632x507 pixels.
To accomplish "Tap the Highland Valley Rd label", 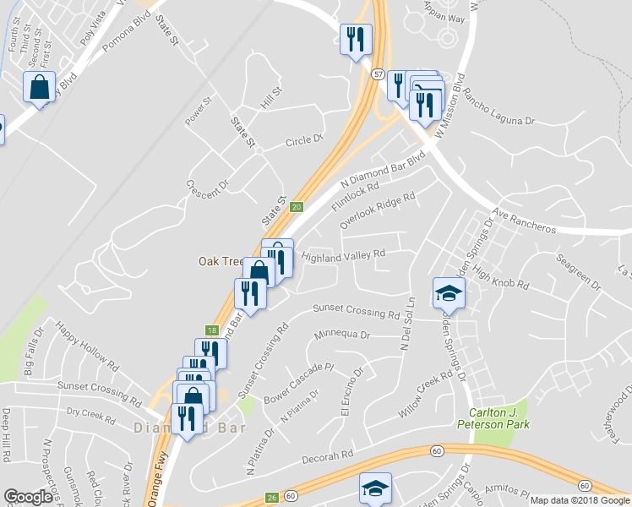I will click(x=343, y=253).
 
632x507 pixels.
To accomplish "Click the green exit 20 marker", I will click(x=296, y=207).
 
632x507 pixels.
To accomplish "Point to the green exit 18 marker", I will click(x=210, y=330).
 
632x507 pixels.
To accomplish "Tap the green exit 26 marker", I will click(x=271, y=497).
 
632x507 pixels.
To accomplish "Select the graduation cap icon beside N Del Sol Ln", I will click(x=449, y=293).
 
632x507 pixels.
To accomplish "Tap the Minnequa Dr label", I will click(x=342, y=335).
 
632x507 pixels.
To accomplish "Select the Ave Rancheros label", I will click(x=525, y=221).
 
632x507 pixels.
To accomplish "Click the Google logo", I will click(x=28, y=497).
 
